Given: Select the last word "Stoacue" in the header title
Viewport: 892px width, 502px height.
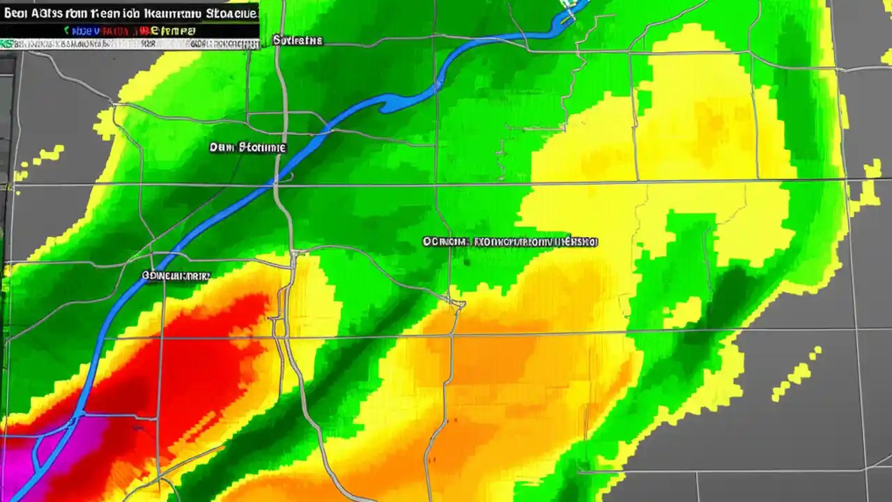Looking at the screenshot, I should tap(229, 13).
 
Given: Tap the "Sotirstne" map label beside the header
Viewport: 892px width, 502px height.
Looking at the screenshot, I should tap(298, 40).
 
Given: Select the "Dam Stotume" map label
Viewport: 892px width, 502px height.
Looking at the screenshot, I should tap(247, 147).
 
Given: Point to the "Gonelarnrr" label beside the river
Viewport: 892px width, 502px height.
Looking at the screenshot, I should tap(176, 276).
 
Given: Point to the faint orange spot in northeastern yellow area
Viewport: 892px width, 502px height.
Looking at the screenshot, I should tap(711, 125).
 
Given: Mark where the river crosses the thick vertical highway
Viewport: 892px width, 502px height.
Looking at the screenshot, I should tap(277, 180).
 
